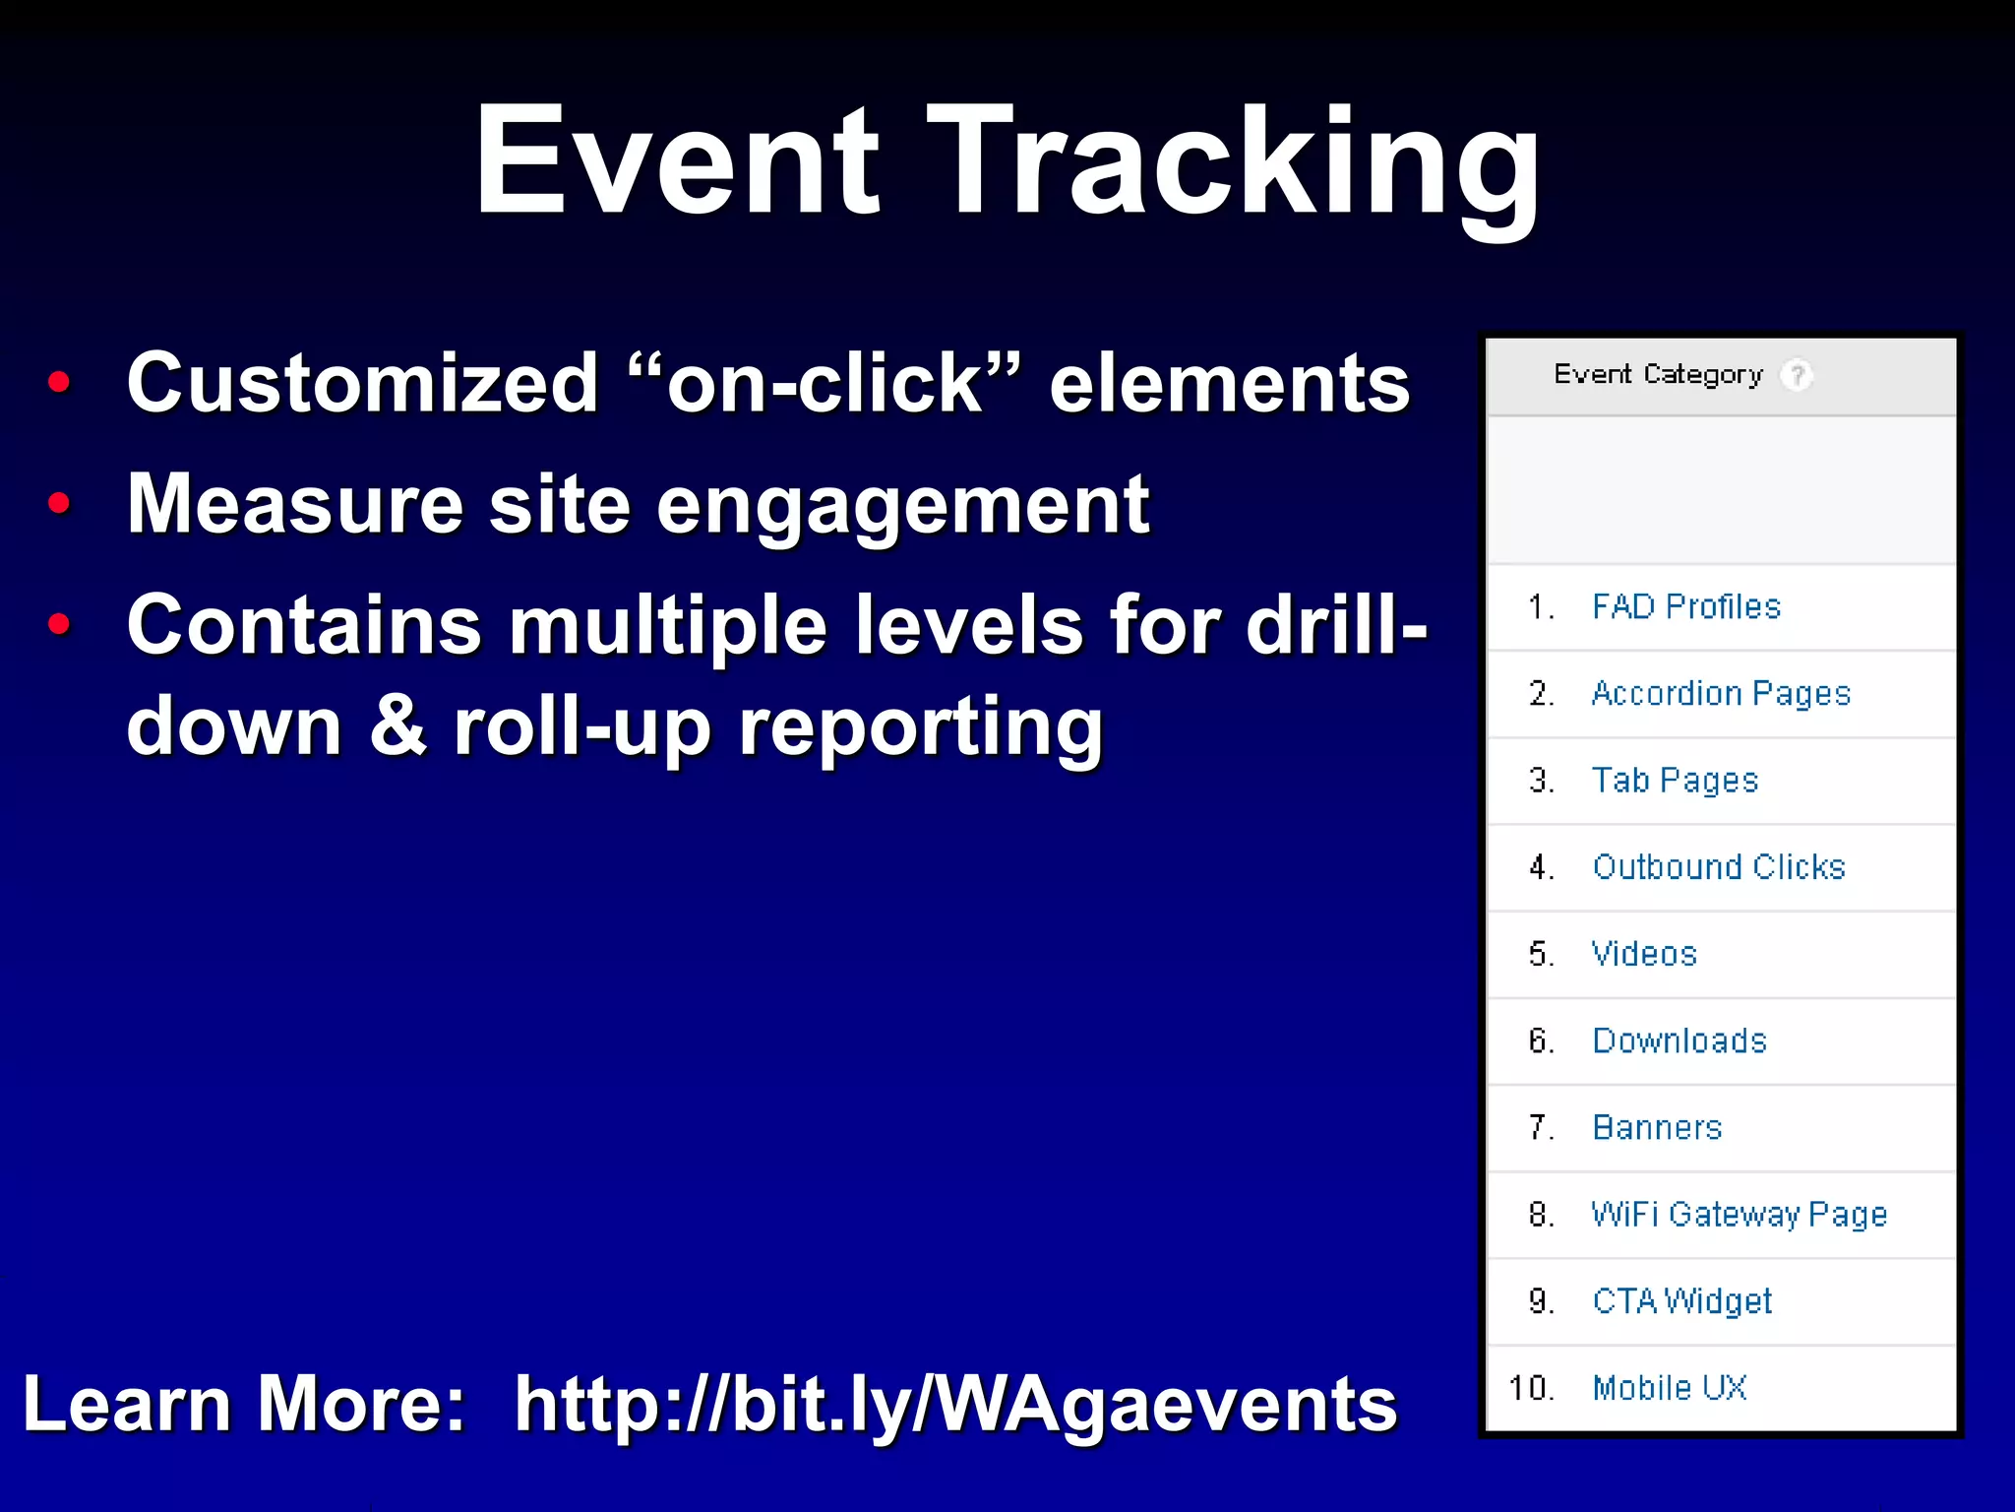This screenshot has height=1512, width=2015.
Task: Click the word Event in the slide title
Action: tap(677, 162)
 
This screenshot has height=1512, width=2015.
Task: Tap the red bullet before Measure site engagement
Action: tap(59, 503)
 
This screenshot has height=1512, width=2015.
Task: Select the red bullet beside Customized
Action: tap(59, 382)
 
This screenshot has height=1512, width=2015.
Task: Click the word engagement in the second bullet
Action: tap(902, 507)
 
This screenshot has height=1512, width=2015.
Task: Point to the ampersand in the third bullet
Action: tap(397, 726)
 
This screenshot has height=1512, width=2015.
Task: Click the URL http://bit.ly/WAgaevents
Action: tap(954, 1404)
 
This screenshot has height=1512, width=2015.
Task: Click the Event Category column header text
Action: tap(1658, 375)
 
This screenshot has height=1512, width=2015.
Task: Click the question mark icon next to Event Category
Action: tap(1797, 375)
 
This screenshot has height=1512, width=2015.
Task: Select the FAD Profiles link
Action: tap(1685, 606)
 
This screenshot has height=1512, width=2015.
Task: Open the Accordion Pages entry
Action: tap(1720, 694)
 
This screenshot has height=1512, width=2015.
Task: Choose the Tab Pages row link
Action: tap(1674, 781)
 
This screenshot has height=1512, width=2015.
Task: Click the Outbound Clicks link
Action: tap(1718, 867)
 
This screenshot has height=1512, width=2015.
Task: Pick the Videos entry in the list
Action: tap(1644, 954)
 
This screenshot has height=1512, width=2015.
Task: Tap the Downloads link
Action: tap(1679, 1040)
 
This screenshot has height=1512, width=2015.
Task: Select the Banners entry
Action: tap(1657, 1127)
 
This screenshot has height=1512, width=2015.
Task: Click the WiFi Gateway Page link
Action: tap(1739, 1215)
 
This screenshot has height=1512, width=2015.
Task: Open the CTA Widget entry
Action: tap(1681, 1301)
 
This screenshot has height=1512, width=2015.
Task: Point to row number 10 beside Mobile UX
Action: tap(1531, 1388)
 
